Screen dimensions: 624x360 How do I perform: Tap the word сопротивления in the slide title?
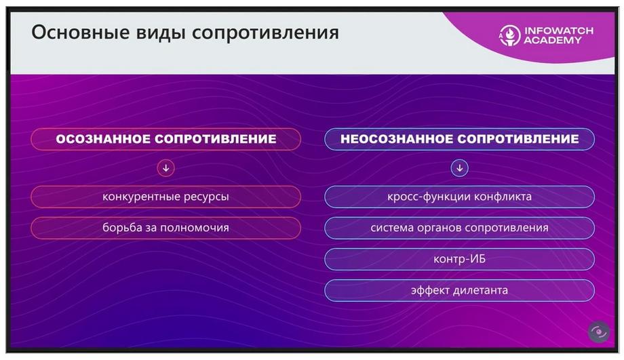[265, 33]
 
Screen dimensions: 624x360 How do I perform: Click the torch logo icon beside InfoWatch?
[509, 35]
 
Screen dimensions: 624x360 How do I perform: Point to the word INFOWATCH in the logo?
[559, 31]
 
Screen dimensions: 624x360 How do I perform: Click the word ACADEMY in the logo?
[553, 40]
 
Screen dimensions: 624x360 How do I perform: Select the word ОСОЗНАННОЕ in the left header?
[103, 139]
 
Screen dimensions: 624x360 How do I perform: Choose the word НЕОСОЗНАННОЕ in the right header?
[397, 139]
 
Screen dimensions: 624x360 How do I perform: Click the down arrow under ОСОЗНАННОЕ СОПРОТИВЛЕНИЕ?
[166, 168]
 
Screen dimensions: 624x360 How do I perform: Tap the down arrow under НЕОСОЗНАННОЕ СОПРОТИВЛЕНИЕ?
[460, 168]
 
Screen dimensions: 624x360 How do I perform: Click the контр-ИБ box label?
[460, 259]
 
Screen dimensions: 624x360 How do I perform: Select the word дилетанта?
[481, 290]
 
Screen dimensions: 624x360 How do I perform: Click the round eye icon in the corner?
[599, 332]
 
